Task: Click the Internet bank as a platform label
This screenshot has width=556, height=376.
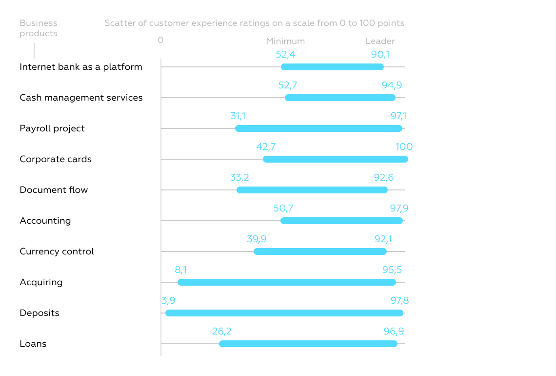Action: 81,67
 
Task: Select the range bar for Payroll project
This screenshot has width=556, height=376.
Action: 318,128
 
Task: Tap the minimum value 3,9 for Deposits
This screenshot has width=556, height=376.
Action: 168,301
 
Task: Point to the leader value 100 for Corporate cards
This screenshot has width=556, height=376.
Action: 404,147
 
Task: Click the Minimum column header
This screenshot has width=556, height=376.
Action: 285,42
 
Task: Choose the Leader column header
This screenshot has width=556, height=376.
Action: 380,42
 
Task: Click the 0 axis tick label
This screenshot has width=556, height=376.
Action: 160,40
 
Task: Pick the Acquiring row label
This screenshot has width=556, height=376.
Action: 41,282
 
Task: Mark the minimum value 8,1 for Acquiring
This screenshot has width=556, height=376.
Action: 180,270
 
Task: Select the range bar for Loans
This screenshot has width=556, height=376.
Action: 308,344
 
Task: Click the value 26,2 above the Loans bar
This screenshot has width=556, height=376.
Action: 221,332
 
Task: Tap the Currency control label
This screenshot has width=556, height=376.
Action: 57,251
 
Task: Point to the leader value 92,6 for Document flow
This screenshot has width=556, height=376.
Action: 383,178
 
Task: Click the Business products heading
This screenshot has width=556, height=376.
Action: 39,28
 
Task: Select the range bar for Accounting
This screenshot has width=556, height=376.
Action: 341,221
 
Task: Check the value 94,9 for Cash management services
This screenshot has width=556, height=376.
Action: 392,85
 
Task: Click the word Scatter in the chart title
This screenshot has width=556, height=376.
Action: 119,23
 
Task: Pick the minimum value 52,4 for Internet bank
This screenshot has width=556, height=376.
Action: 285,55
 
